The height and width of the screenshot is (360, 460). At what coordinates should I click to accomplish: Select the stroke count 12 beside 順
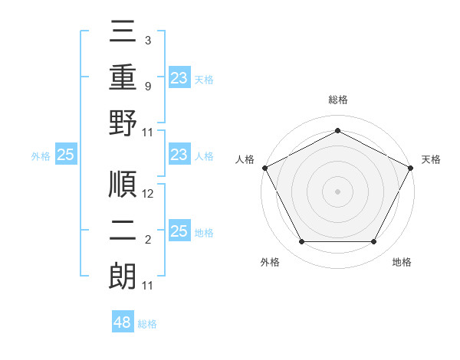(149, 194)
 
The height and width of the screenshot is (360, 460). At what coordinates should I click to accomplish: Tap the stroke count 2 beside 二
(148, 241)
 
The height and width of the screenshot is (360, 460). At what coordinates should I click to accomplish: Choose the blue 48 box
(123, 322)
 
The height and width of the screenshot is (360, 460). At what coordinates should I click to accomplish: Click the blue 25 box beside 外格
(65, 155)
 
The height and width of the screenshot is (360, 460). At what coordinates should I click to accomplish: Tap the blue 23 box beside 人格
(179, 155)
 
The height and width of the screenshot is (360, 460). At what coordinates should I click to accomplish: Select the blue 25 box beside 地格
(179, 231)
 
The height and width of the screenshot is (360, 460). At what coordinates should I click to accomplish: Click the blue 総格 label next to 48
(147, 324)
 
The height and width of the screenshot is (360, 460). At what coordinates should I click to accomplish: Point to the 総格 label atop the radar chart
(338, 100)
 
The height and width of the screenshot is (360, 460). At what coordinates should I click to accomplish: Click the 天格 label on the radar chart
(431, 159)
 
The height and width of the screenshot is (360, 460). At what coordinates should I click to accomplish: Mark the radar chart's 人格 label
(245, 159)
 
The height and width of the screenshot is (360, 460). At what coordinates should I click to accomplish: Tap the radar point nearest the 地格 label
(374, 242)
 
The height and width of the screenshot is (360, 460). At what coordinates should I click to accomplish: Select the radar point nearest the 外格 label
(301, 242)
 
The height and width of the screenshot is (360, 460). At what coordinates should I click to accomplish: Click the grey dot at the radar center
(338, 191)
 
